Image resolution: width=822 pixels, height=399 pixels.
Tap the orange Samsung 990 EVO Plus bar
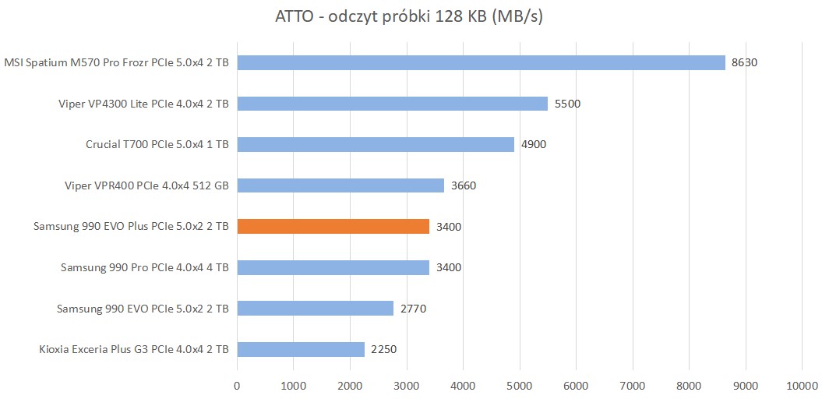[333, 227]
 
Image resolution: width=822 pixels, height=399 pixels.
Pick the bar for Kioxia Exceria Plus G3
[301, 349]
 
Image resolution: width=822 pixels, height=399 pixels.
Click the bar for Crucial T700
[376, 144]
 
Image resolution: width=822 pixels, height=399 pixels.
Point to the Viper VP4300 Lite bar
[392, 103]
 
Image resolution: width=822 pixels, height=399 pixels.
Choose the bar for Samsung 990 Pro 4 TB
[333, 267]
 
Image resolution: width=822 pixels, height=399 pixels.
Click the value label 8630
[744, 62]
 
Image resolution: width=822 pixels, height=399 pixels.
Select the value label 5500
[567, 103]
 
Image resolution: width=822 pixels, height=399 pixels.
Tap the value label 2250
[384, 349]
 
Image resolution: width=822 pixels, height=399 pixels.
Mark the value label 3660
[463, 185]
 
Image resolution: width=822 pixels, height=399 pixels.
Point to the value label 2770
[413, 309]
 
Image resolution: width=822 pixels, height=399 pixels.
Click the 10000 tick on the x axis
[802, 384]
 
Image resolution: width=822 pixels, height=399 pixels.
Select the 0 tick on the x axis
[237, 384]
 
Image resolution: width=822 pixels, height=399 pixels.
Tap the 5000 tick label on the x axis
[519, 384]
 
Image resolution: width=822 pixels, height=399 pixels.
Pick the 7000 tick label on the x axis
[632, 384]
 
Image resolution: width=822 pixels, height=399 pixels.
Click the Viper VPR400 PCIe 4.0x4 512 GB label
[146, 185]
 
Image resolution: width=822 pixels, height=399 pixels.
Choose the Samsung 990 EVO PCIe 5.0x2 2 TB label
[143, 309]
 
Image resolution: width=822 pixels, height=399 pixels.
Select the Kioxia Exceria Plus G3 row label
[133, 349]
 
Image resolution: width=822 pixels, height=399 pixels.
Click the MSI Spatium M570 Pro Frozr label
[116, 62]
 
